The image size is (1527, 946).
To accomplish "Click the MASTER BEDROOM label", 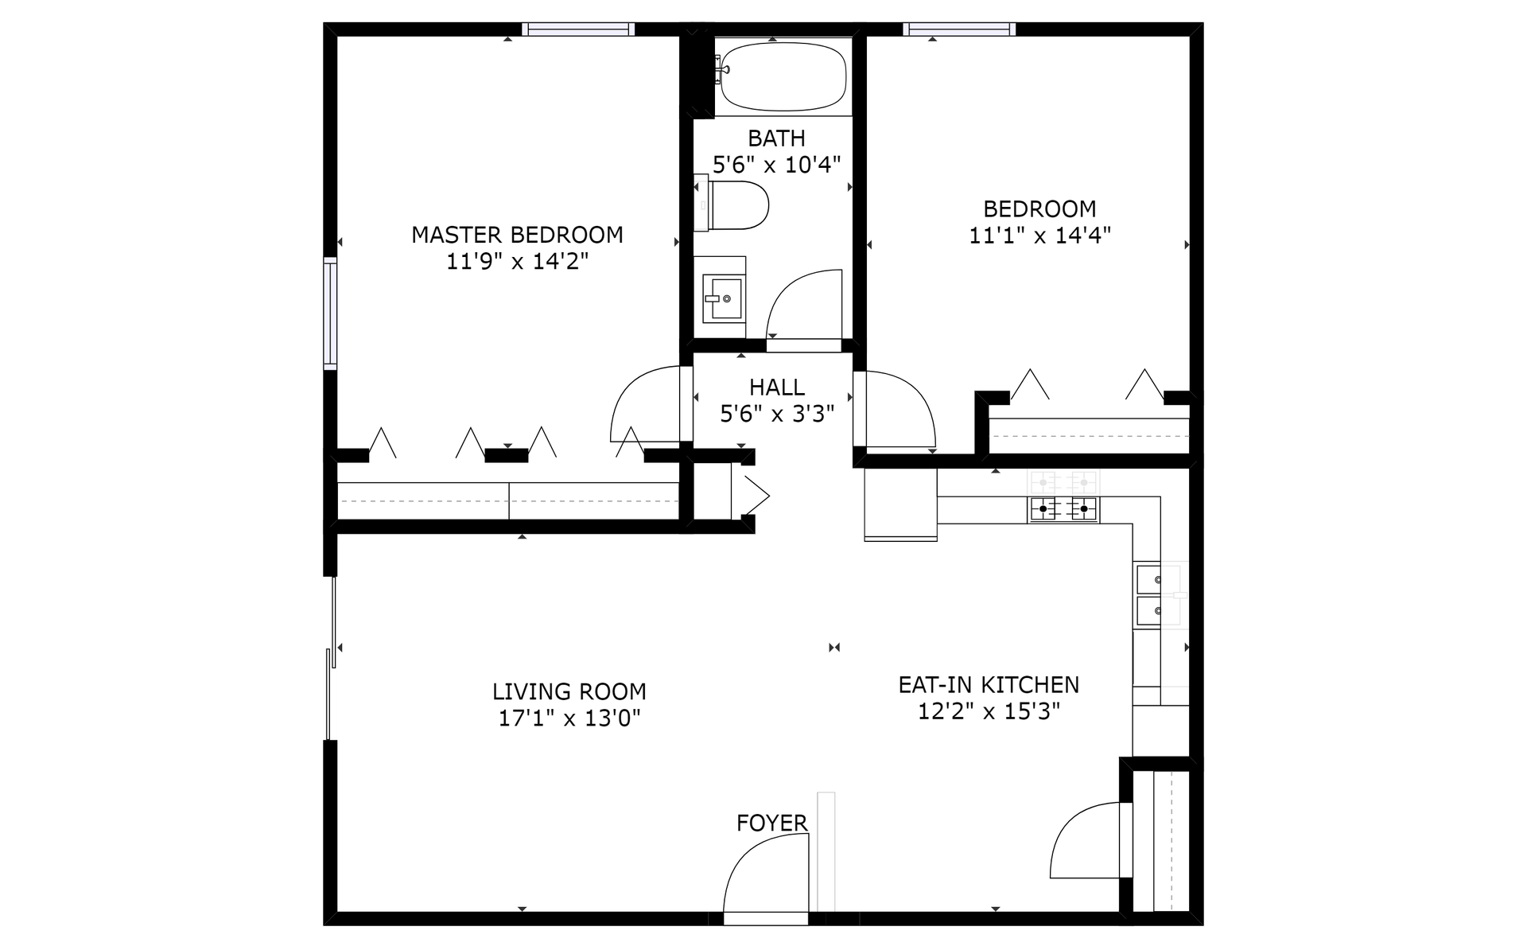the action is [517, 235].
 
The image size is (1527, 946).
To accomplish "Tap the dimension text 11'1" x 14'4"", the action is [1039, 236].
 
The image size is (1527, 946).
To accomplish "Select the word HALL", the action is [777, 387].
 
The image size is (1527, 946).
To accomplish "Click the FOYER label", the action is [771, 823].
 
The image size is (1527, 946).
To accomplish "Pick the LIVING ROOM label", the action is [569, 691].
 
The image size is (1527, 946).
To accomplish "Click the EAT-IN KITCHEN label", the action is [989, 684].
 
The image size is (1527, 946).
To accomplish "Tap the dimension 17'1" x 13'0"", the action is [569, 718].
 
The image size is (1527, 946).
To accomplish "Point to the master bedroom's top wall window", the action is [578, 29].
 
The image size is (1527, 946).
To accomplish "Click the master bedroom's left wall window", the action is [330, 313].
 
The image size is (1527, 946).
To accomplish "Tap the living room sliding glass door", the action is [331, 659].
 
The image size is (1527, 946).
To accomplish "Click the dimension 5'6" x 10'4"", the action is [777, 165].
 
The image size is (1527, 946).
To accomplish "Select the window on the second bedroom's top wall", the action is [959, 29].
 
